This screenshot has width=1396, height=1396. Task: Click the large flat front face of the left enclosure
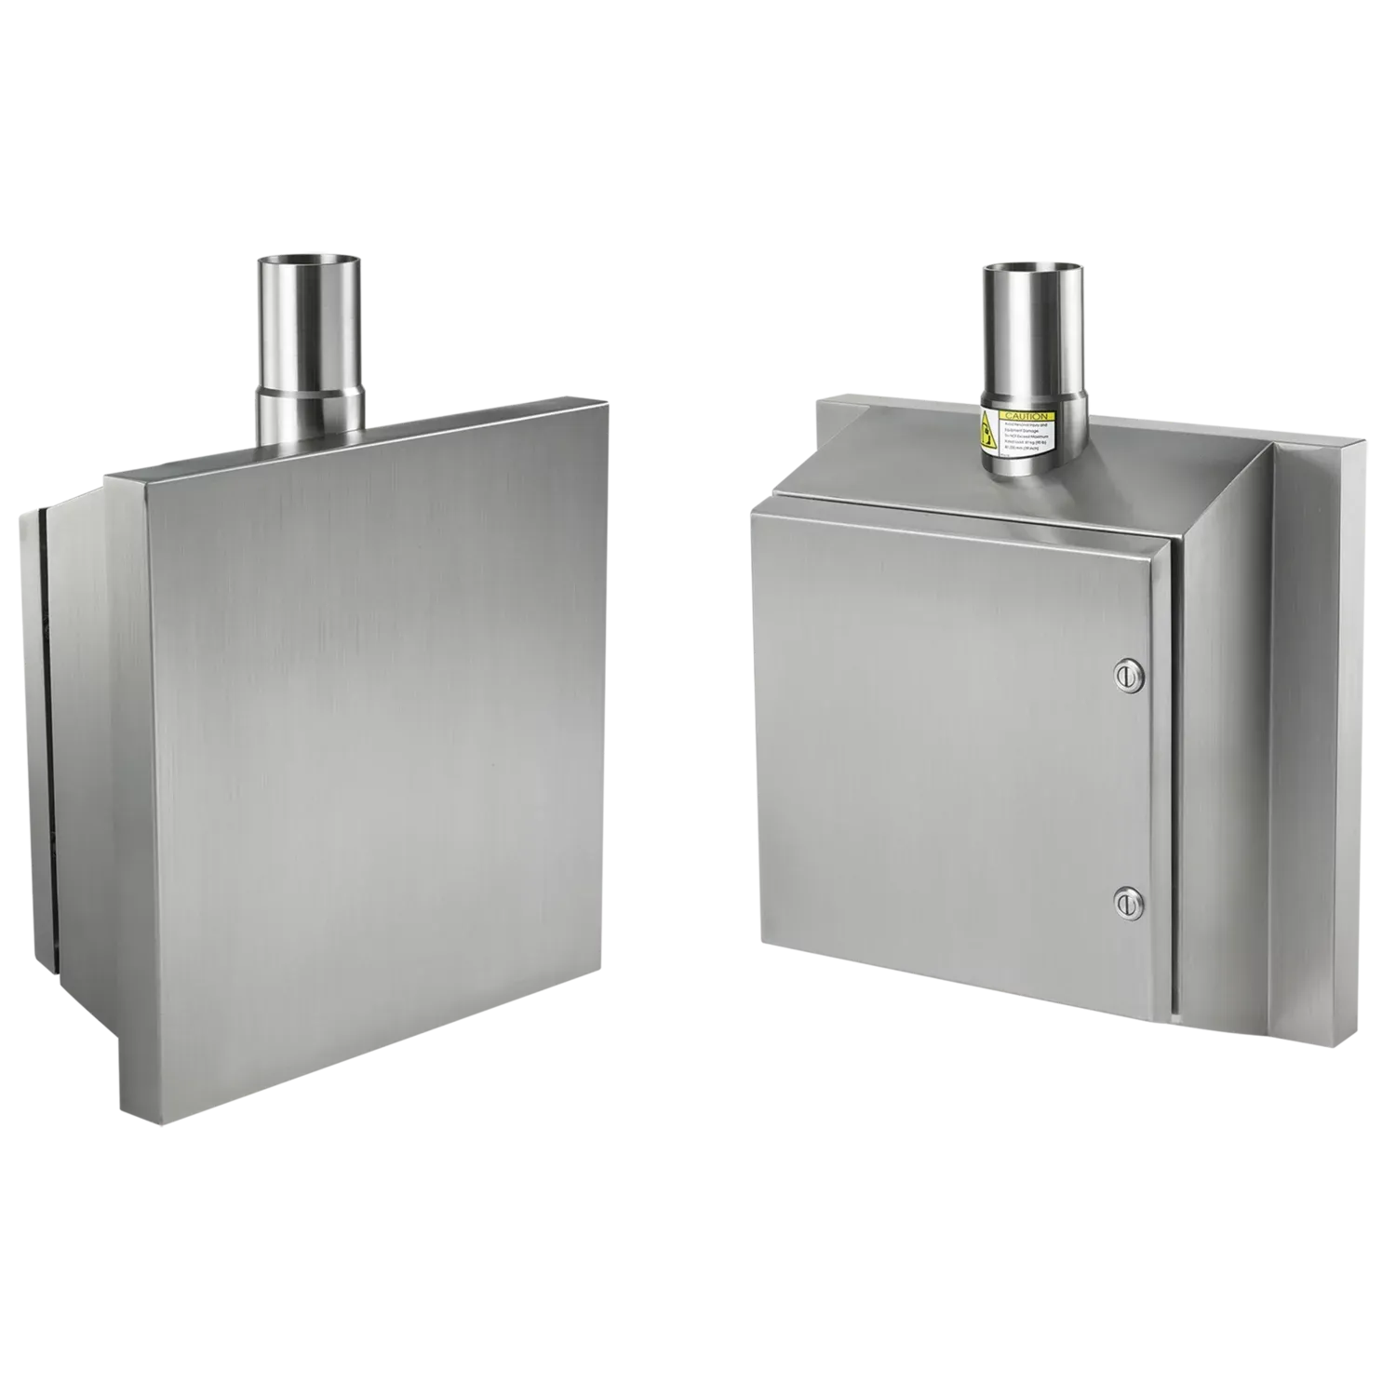(372, 745)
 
